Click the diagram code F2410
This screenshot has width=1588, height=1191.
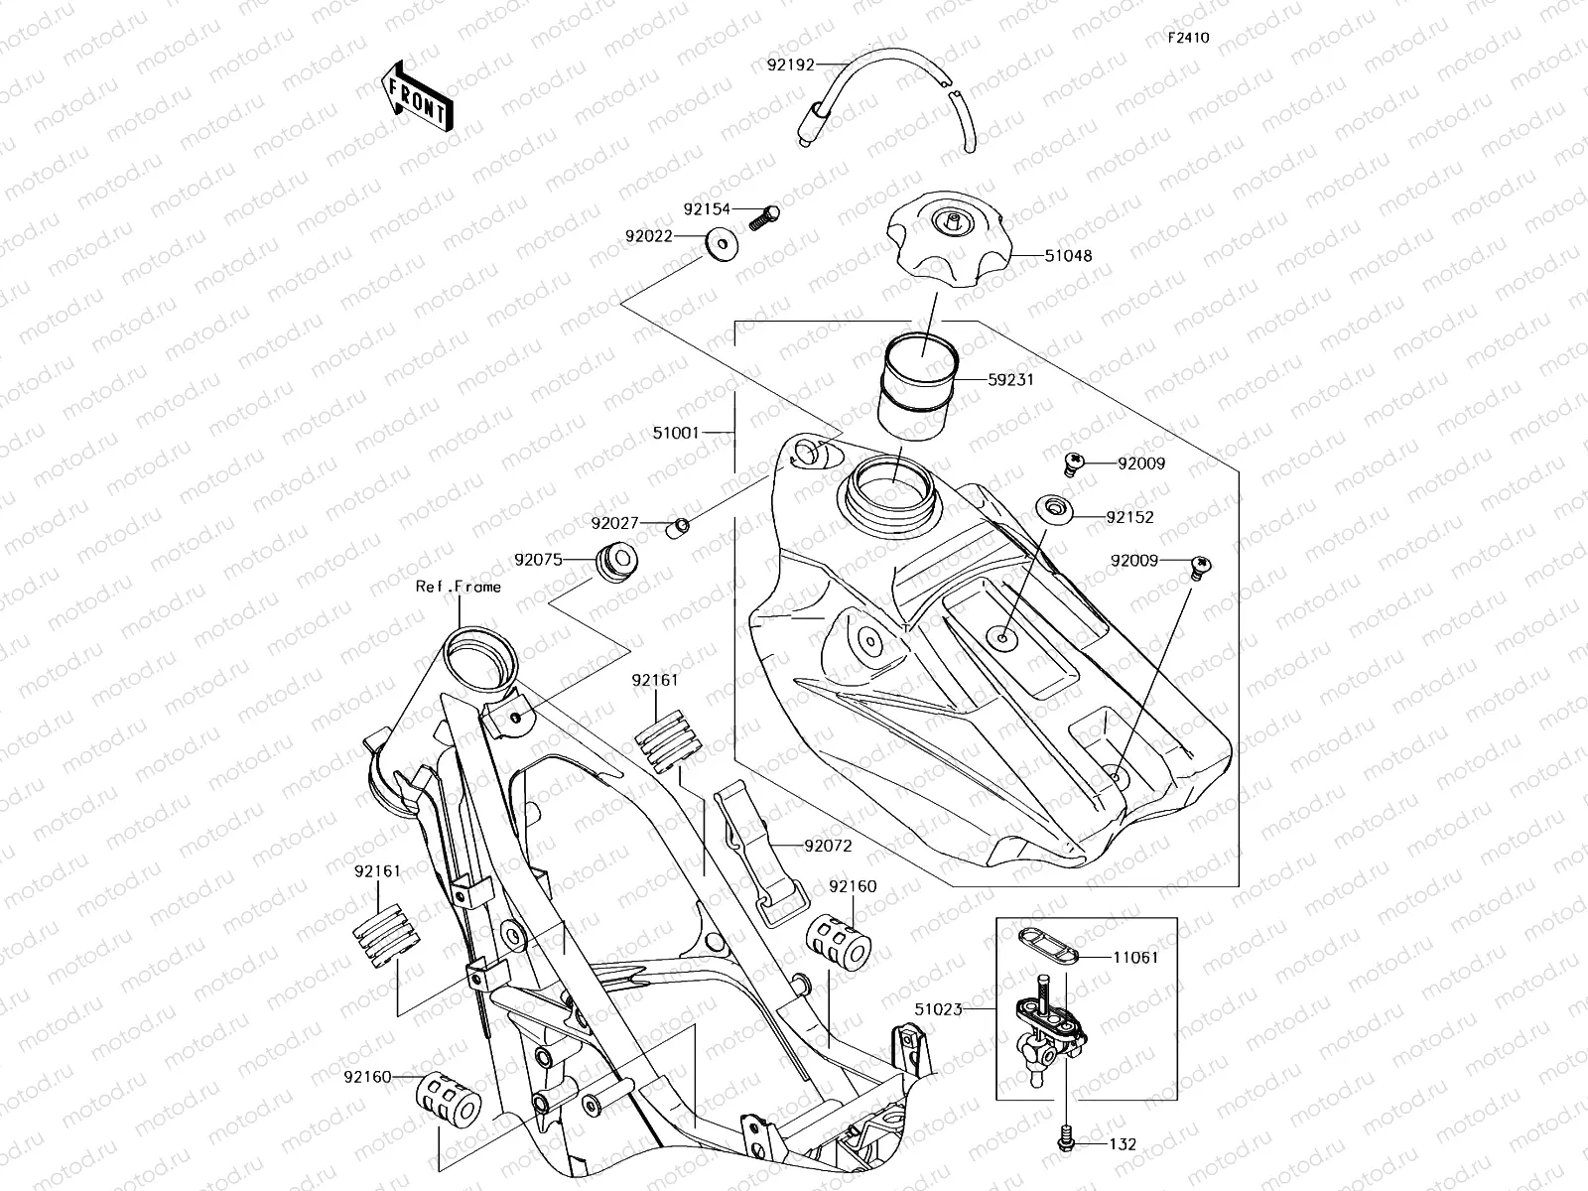tap(1188, 38)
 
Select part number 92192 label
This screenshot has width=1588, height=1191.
tap(790, 66)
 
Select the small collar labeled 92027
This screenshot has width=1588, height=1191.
tap(677, 525)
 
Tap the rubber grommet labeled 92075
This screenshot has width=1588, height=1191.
tap(615, 561)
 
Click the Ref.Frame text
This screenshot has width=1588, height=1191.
tap(459, 587)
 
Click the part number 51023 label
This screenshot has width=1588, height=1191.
tap(939, 1009)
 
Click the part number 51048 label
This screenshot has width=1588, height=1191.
tap(1068, 255)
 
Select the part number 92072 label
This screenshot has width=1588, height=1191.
tap(828, 847)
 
